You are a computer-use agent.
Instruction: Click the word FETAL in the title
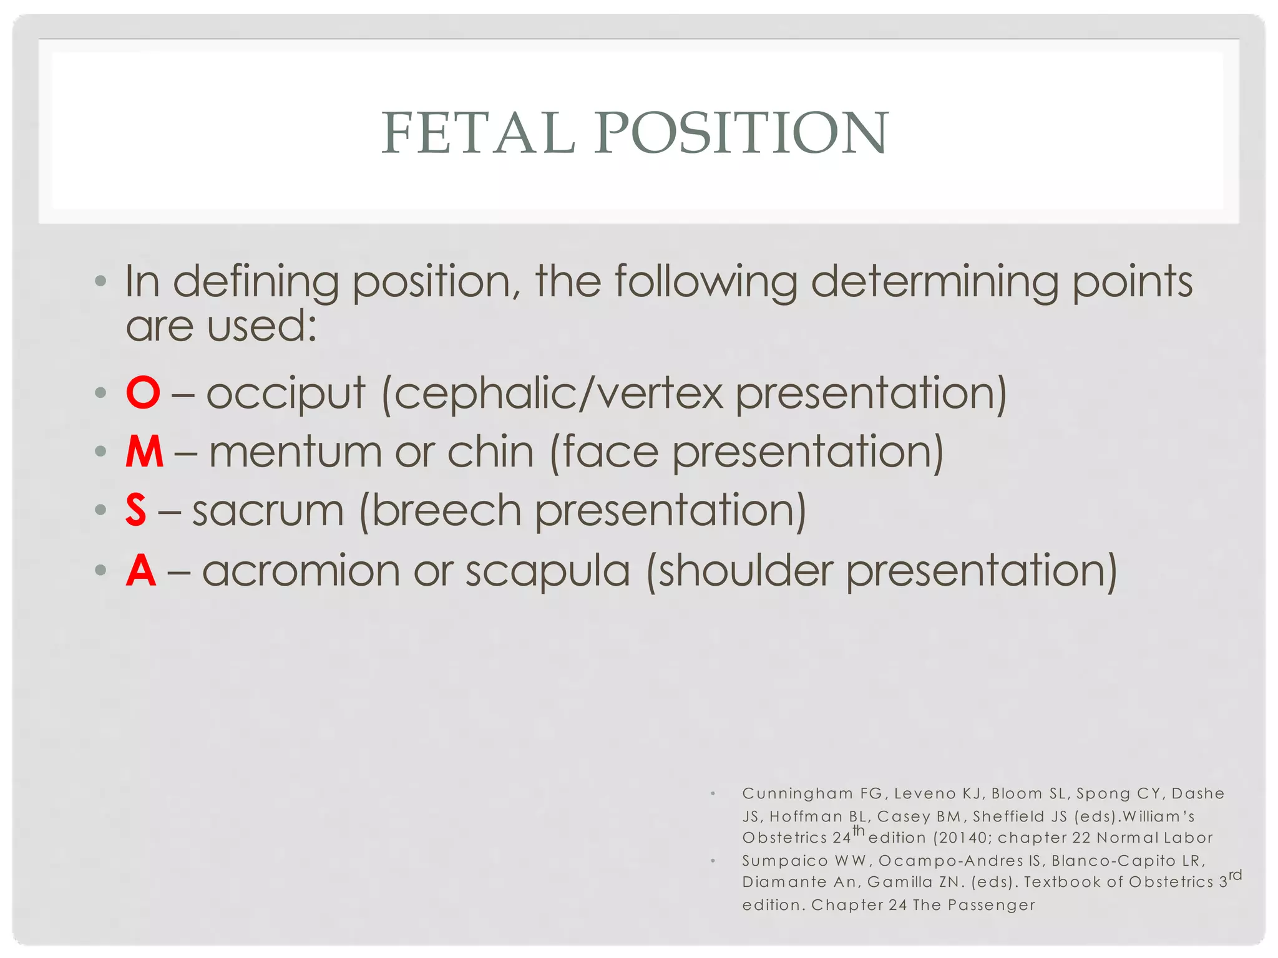[478, 133]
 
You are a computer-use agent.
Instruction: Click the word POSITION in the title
[741, 133]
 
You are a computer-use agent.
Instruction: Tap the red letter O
[143, 393]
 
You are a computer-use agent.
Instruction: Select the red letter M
[145, 452]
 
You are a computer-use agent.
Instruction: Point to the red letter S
[136, 510]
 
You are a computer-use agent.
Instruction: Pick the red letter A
[141, 570]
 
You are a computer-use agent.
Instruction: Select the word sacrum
[268, 510]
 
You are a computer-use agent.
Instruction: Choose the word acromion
[301, 570]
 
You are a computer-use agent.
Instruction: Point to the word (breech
[440, 510]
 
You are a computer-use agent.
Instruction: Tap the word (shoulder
[739, 570]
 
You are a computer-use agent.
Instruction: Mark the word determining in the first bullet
[934, 282]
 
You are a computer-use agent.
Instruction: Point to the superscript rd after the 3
[1235, 875]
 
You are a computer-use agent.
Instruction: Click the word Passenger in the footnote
[992, 905]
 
